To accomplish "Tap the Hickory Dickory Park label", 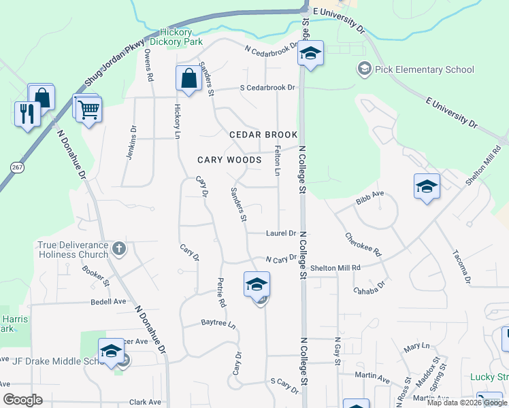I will [172, 37].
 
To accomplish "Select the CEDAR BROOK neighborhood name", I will [263, 135].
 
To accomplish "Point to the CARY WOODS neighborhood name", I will [229, 160].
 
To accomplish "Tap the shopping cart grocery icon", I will [89, 109].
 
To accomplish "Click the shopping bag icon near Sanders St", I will [187, 78].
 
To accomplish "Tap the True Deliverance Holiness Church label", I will [73, 250].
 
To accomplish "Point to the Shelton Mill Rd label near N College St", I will [335, 268].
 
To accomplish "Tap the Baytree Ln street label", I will [218, 324].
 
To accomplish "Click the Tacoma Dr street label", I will [461, 267].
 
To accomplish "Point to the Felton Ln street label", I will [277, 161].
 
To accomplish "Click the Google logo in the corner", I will [22, 401].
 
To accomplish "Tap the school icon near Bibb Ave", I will [427, 186].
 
